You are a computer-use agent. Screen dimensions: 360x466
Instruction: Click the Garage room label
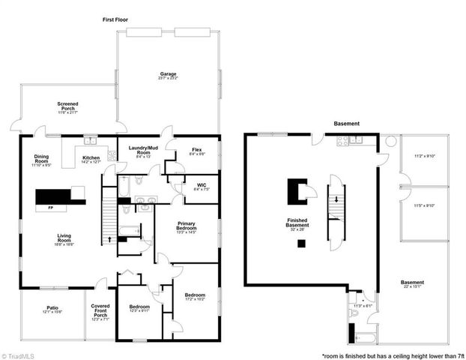[167, 74]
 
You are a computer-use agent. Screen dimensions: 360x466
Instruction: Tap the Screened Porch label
[67, 106]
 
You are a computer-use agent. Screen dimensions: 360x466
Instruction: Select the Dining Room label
[41, 158]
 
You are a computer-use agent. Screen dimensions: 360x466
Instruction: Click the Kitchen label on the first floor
[91, 158]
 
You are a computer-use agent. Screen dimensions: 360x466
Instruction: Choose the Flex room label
[197, 150]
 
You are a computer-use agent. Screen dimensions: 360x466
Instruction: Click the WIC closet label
[202, 185]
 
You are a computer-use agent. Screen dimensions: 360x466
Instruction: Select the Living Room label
[64, 241]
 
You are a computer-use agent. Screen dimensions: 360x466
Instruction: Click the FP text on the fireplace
[49, 208]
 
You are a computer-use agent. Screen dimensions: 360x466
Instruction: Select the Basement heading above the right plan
[346, 124]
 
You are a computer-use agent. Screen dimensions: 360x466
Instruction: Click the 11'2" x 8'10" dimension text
[424, 156]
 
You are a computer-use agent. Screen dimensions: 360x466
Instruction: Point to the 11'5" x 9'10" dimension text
[424, 205]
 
